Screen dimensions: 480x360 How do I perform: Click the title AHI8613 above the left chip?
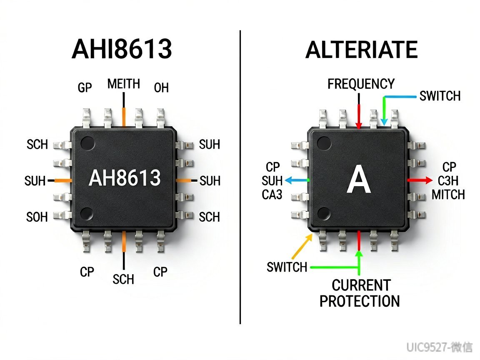(x=122, y=49)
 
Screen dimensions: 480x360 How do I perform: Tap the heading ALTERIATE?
(x=362, y=50)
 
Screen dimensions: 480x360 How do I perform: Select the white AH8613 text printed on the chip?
(x=125, y=177)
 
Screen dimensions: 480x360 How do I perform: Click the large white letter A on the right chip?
(x=358, y=180)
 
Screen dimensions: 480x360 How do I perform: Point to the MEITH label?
(x=124, y=84)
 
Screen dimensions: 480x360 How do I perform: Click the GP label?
(x=85, y=87)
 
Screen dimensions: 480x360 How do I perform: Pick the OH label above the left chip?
(x=161, y=88)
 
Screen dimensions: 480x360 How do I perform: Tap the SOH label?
(x=37, y=217)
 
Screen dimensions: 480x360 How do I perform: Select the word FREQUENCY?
(x=361, y=84)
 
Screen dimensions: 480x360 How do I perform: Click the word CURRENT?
(x=361, y=285)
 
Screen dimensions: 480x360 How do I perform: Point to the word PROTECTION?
(x=360, y=301)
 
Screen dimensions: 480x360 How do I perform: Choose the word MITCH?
(x=448, y=195)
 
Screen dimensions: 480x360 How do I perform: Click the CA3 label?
(x=272, y=195)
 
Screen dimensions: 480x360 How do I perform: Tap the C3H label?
(x=448, y=181)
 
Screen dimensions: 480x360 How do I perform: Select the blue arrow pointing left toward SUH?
(x=297, y=180)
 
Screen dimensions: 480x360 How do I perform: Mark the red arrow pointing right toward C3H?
(x=420, y=180)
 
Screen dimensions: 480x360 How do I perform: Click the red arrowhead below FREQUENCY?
(x=359, y=125)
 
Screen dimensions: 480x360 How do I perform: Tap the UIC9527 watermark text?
(x=427, y=347)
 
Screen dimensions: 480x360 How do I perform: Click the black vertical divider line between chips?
(x=240, y=177)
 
